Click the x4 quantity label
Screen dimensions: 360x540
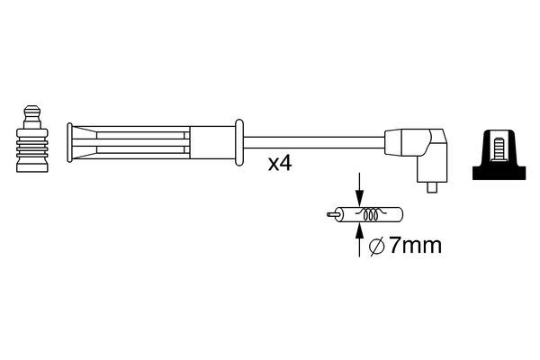tap(280, 165)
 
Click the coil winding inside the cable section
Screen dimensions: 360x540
tap(368, 215)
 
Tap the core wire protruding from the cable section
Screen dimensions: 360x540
tap(329, 215)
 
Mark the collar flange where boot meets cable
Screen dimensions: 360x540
tap(238, 141)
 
